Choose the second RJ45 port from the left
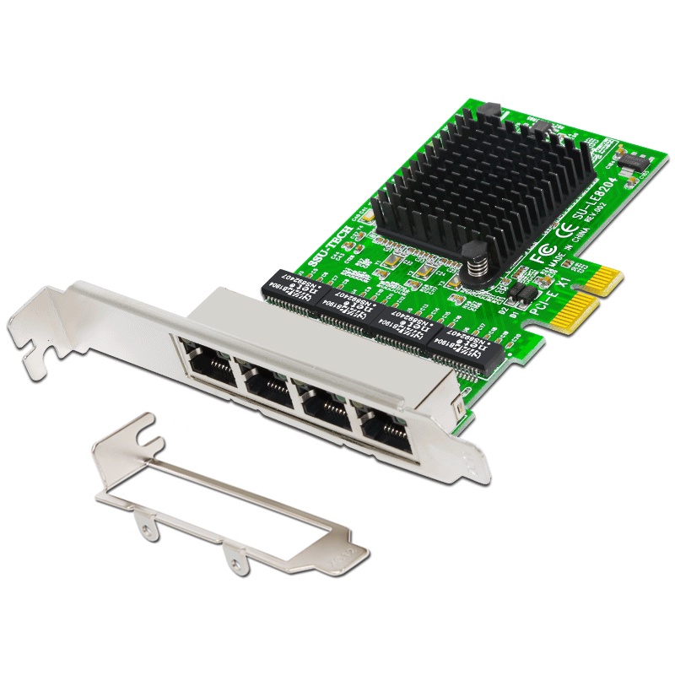pos(263,385)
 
